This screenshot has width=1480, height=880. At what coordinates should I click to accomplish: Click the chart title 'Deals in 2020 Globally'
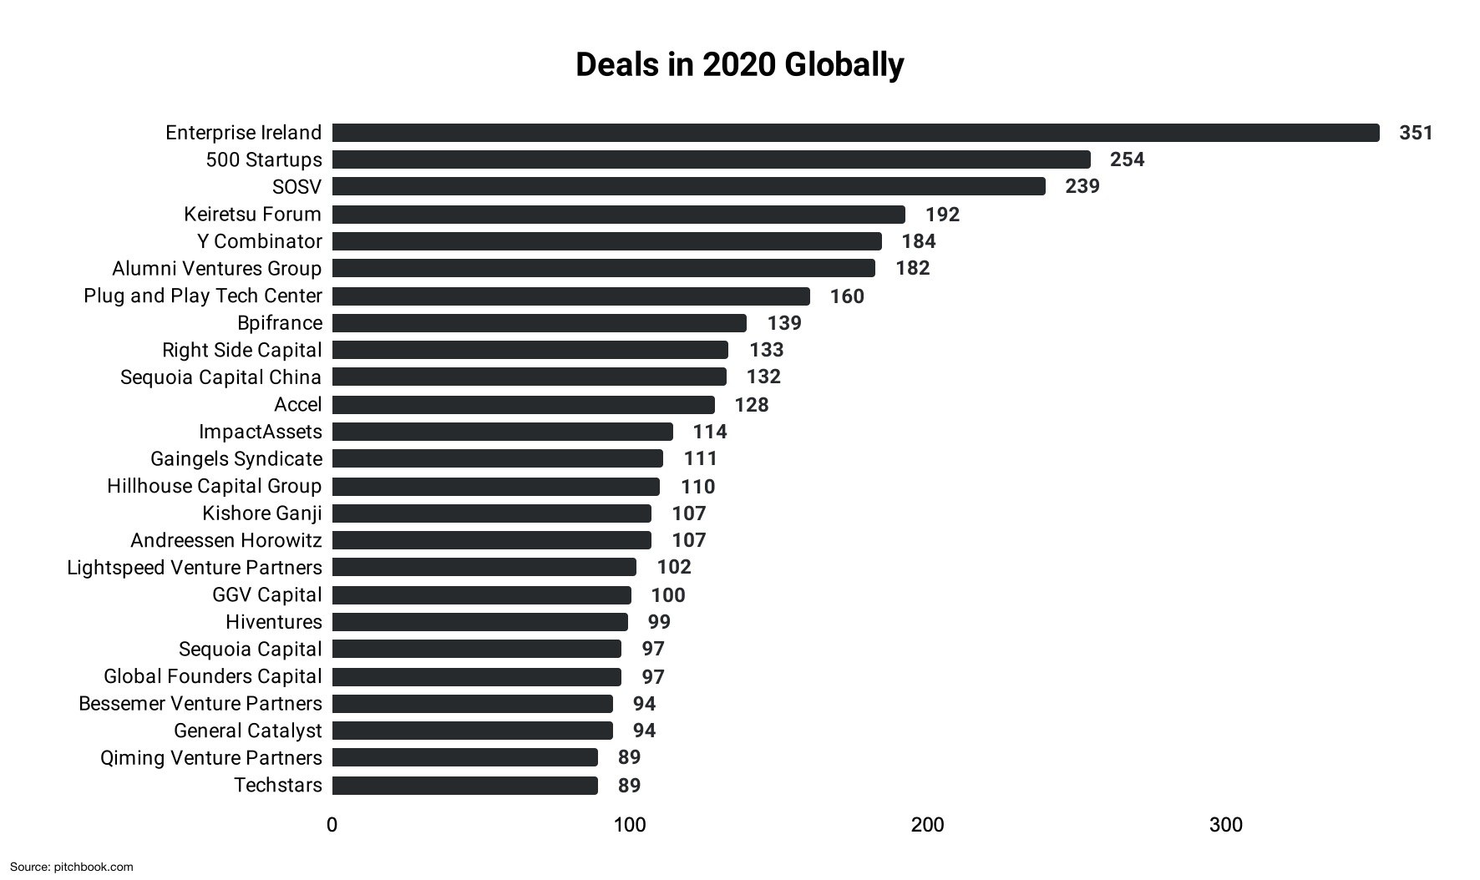pyautogui.click(x=739, y=65)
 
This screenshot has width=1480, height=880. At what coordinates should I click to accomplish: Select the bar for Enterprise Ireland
pyautogui.click(x=855, y=133)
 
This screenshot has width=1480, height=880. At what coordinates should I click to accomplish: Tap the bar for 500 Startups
pyautogui.click(x=711, y=159)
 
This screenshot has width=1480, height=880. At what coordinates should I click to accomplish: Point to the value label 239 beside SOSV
pyautogui.click(x=1082, y=186)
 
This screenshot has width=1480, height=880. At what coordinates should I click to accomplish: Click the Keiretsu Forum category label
pyautogui.click(x=252, y=215)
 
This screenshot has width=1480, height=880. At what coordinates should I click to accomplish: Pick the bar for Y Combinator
pyautogui.click(x=606, y=241)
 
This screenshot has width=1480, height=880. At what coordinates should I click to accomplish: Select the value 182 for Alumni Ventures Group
pyautogui.click(x=912, y=268)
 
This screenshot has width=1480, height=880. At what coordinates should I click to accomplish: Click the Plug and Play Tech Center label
pyautogui.click(x=202, y=296)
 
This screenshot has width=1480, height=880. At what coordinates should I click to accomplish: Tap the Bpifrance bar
pyautogui.click(x=539, y=323)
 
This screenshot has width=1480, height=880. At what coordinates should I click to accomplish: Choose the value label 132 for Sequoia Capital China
pyautogui.click(x=763, y=377)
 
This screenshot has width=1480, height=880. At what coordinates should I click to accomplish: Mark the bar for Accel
pyautogui.click(x=523, y=405)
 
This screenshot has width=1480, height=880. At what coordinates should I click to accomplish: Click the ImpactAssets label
pyautogui.click(x=260, y=432)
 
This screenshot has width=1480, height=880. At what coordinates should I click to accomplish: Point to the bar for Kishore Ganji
pyautogui.click(x=491, y=513)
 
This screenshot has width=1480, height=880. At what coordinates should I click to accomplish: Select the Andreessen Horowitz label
pyautogui.click(x=226, y=540)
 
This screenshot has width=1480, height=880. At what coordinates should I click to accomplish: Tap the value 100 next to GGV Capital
pyautogui.click(x=667, y=595)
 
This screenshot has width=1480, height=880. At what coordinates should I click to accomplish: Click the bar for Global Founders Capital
pyautogui.click(x=476, y=676)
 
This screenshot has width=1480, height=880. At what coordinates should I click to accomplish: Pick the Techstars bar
pyautogui.click(x=464, y=786)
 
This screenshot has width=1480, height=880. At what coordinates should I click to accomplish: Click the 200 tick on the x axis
pyautogui.click(x=927, y=825)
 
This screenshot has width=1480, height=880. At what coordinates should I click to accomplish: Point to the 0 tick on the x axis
pyautogui.click(x=332, y=825)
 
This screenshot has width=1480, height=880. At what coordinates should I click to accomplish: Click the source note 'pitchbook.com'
pyautogui.click(x=93, y=867)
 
